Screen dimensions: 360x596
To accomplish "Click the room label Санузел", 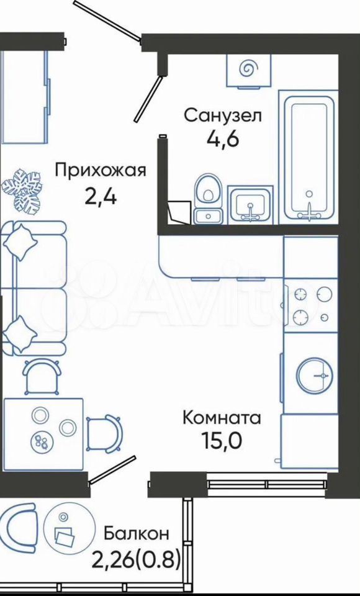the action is coord(223,115).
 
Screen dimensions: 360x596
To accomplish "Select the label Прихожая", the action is coord(101,171).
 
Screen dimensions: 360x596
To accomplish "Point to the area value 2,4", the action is coord(101,196).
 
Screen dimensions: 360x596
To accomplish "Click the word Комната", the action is coord(222,418).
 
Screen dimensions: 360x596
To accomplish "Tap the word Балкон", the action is coord(137,534).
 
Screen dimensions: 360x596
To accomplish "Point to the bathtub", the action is coord(308,156).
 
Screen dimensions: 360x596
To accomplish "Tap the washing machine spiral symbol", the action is coord(249,68).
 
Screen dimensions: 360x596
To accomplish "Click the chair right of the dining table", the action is coord(104,435).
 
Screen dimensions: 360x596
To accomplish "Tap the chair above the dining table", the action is coord(42,377).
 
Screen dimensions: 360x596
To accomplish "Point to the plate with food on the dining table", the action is coord(41,441).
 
